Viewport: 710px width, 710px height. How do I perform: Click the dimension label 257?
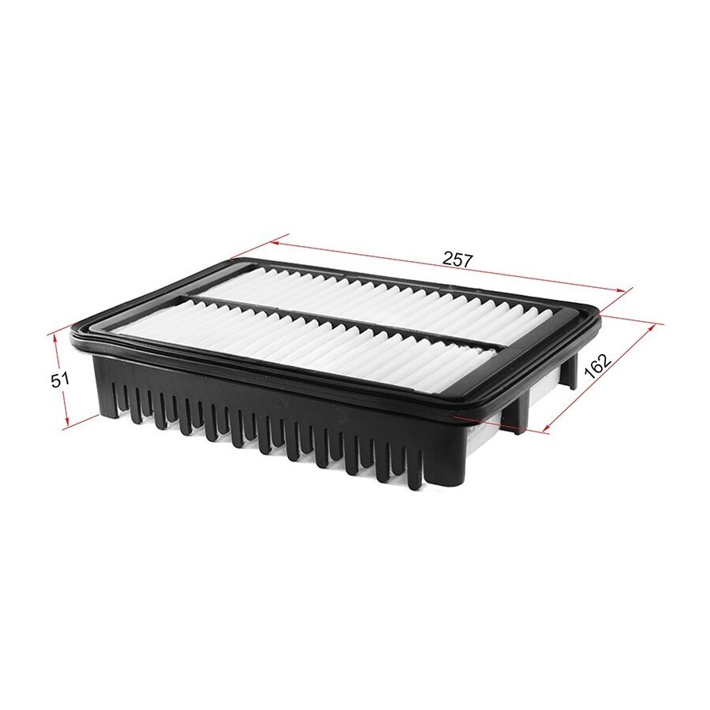[458, 260]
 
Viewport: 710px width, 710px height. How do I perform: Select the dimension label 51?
[59, 379]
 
